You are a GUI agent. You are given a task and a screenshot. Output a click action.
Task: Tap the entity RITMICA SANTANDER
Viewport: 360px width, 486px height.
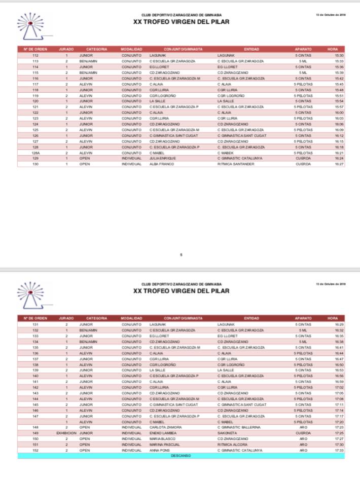(236, 164)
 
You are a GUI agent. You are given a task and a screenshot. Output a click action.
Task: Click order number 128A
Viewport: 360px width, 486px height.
(35, 153)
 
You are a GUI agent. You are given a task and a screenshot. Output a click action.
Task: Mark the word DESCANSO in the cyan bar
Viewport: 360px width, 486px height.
(181, 456)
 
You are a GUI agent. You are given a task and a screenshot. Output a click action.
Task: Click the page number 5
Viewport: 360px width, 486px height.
(181, 255)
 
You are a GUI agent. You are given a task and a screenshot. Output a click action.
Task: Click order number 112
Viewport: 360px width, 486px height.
(35, 55)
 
